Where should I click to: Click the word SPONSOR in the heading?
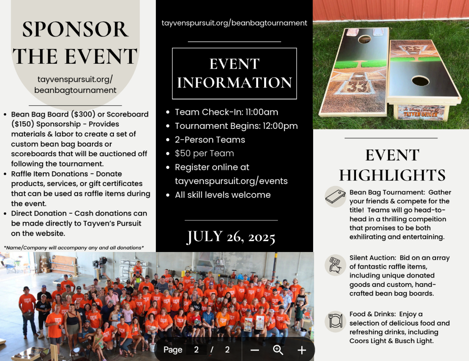point(75,29)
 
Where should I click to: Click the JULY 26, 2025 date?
point(231,237)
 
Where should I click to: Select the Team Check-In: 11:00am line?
point(226,112)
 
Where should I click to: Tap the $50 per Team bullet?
point(204,153)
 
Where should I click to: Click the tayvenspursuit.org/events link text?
point(231,181)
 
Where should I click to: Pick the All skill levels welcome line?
point(223,195)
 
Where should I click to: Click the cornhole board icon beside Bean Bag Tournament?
point(335,197)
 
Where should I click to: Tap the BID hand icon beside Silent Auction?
point(335,265)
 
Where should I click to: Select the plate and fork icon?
point(335,321)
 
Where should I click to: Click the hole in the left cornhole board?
point(364,39)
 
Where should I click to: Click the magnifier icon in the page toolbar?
point(278,350)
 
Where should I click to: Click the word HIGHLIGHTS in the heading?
point(392,175)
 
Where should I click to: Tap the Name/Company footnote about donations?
point(74,248)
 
